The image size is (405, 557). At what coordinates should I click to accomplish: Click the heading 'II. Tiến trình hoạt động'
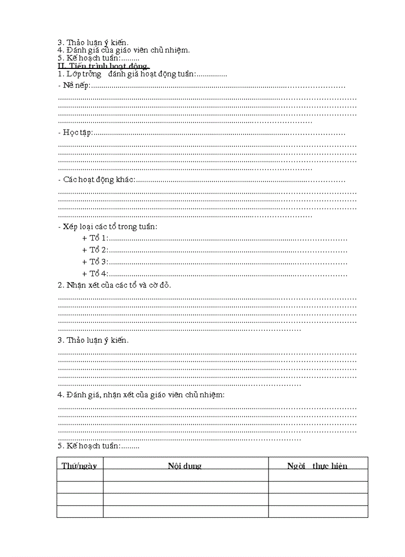(104, 66)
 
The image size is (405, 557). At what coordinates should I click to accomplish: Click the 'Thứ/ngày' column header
(79, 465)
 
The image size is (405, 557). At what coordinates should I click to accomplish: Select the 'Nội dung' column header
(185, 465)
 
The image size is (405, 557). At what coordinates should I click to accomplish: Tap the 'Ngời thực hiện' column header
(318, 465)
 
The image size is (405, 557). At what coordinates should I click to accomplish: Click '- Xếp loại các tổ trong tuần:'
(108, 227)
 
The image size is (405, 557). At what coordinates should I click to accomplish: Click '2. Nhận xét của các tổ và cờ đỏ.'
(115, 285)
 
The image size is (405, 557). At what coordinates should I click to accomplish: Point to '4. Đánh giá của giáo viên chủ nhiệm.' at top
(124, 50)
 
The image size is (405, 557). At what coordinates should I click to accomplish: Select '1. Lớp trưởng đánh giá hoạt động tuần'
(127, 74)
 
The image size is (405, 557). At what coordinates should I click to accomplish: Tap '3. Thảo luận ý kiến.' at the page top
(93, 42)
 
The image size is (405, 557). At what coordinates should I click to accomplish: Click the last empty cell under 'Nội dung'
(186, 511)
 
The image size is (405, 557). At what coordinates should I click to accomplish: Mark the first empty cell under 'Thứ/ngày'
(80, 475)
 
